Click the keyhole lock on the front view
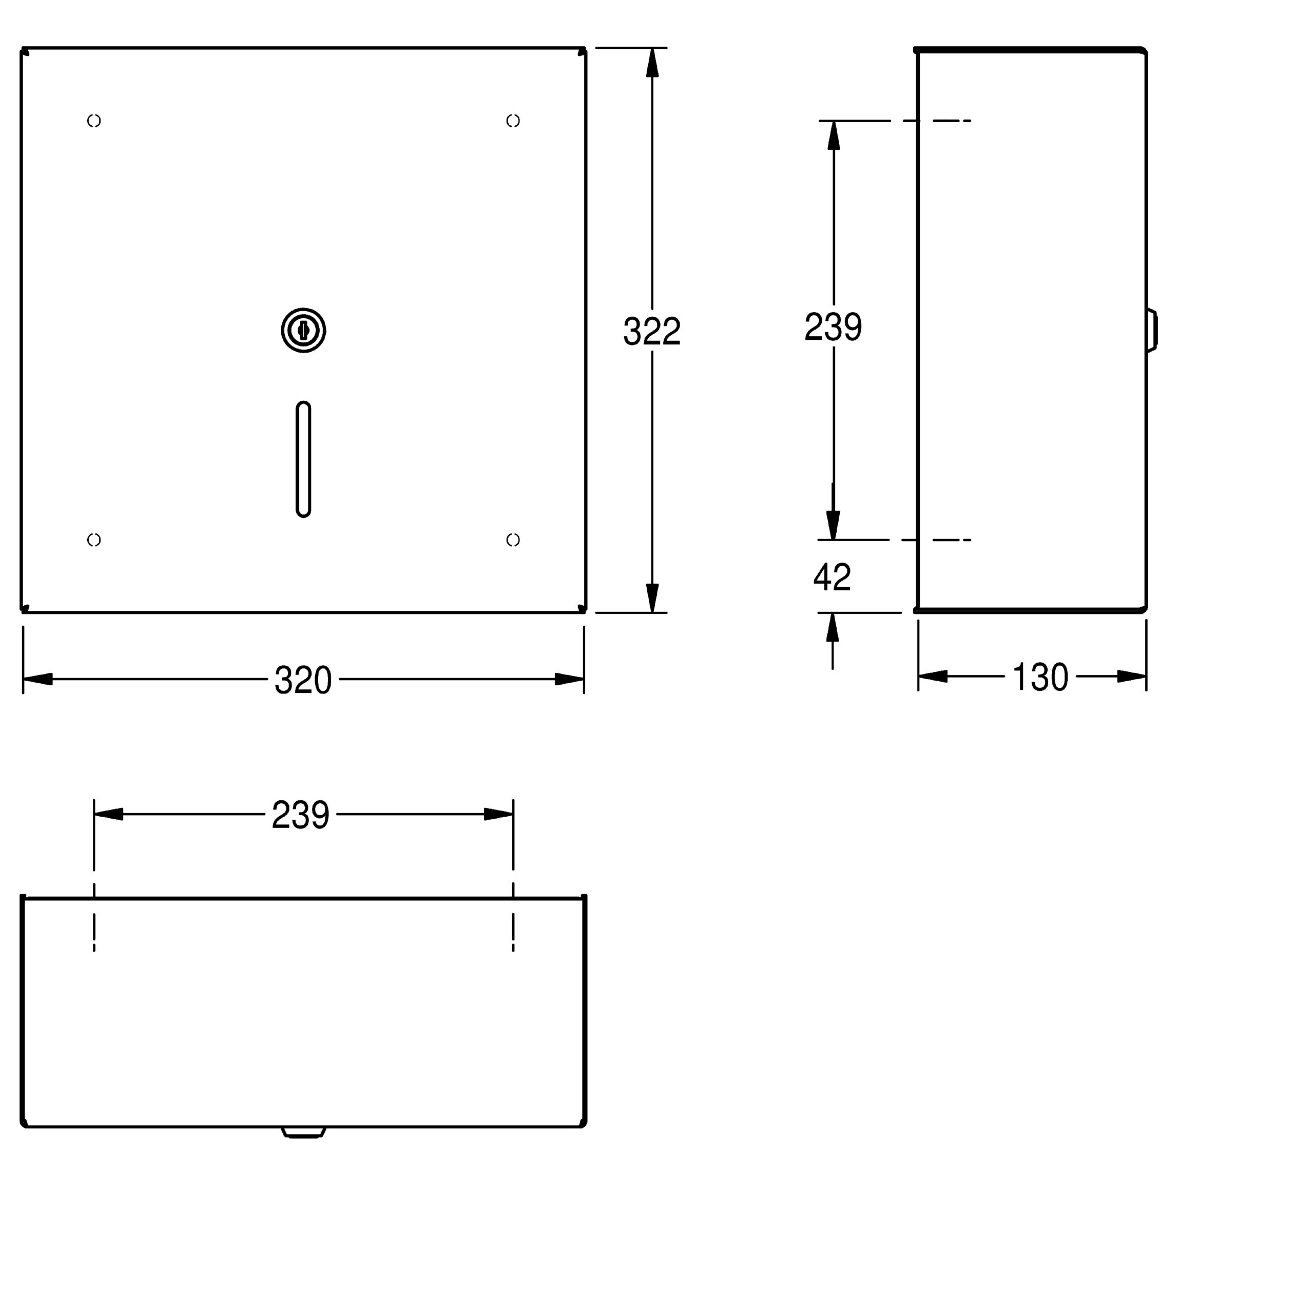(303, 330)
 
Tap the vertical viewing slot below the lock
(303, 459)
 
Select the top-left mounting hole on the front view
(94, 121)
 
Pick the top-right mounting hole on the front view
(513, 121)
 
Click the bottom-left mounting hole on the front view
(94, 539)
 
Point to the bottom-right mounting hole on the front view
(513, 539)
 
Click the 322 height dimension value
(651, 331)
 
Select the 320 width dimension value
(303, 680)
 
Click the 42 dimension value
(832, 577)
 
